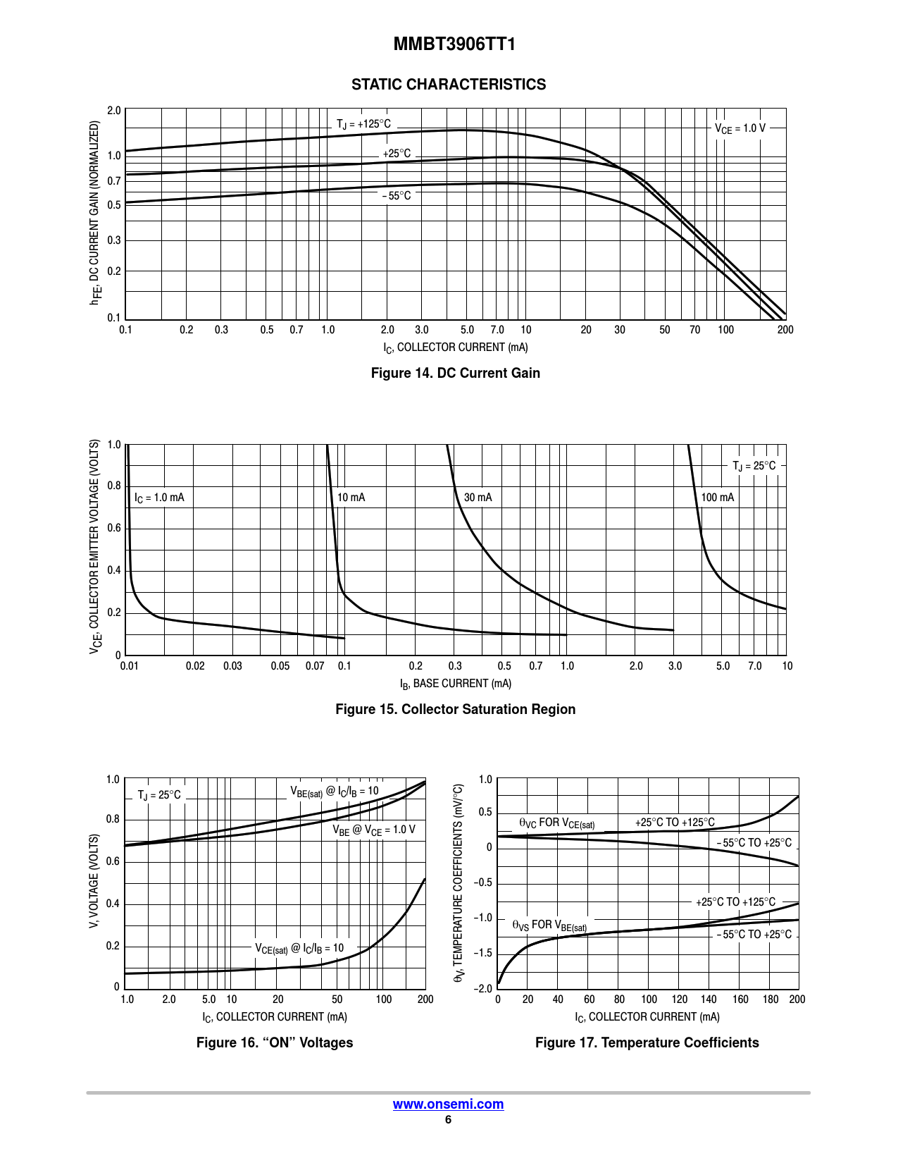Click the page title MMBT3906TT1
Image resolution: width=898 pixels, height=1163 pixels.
(x=454, y=44)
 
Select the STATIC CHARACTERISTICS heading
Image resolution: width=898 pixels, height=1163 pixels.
(x=449, y=85)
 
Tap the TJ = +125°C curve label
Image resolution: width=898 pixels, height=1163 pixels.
(x=363, y=125)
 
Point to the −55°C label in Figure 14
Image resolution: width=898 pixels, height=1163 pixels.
(x=397, y=196)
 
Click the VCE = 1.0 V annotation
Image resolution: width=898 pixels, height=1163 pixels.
(x=740, y=128)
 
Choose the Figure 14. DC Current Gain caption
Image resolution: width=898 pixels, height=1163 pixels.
(x=455, y=373)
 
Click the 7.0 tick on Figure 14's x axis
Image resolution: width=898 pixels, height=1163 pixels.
(x=497, y=330)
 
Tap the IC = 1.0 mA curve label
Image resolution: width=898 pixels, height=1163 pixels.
(x=159, y=498)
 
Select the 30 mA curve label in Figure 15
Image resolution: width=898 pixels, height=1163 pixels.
(x=478, y=498)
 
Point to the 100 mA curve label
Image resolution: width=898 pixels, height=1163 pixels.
(x=717, y=498)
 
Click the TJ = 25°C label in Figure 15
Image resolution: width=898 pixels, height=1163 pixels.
(x=754, y=466)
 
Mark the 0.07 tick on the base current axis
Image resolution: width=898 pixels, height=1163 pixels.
(x=315, y=666)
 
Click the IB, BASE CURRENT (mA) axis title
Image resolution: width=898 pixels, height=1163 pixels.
(x=455, y=684)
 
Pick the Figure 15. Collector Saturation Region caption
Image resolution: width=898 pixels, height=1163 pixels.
(x=455, y=709)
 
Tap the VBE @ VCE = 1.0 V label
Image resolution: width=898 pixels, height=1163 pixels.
(x=374, y=830)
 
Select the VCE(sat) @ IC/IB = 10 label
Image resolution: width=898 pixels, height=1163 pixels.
(x=299, y=949)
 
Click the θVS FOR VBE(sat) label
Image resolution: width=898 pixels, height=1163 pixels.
(x=549, y=925)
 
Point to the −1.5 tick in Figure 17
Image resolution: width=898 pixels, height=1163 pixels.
(x=482, y=954)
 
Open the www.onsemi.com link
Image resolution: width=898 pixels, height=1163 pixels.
(x=448, y=1104)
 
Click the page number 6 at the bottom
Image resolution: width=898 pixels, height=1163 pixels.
(x=448, y=1120)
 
